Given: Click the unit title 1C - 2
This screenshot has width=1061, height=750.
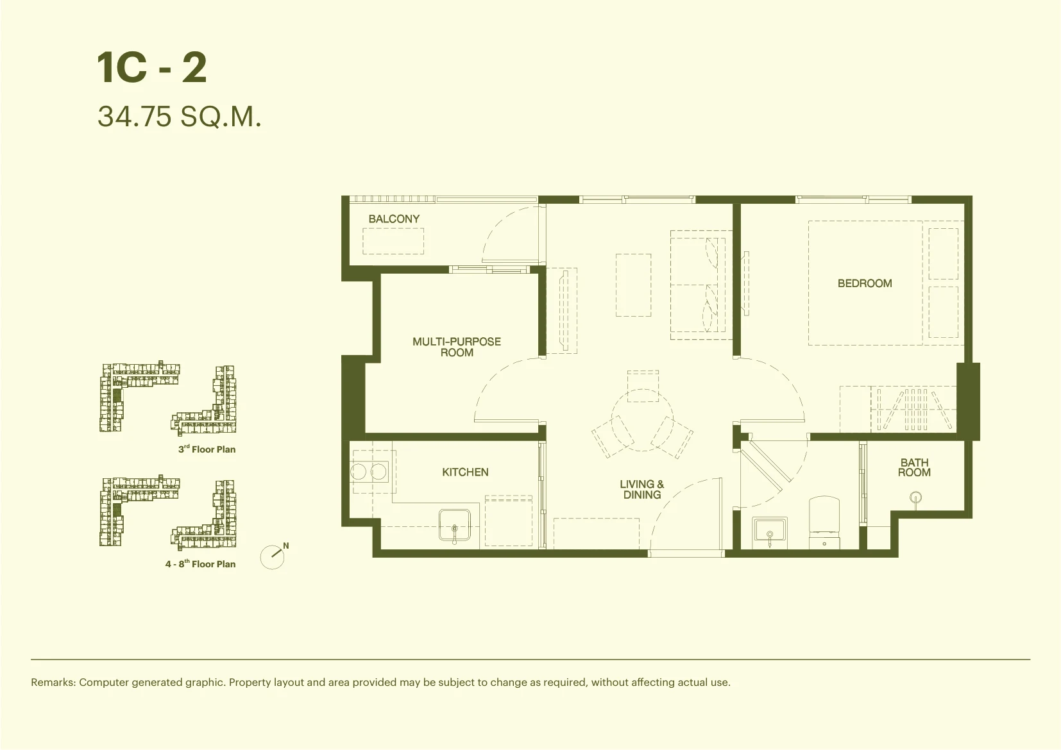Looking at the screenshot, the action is click(152, 68).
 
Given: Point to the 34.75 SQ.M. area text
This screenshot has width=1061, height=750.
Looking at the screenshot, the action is click(180, 117).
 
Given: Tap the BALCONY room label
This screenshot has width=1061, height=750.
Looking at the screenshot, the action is click(394, 219).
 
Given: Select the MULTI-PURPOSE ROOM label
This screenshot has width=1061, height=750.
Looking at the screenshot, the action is click(457, 347).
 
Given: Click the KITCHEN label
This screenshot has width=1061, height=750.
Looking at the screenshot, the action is click(465, 472).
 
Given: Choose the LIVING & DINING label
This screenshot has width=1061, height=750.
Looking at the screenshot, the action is click(642, 489).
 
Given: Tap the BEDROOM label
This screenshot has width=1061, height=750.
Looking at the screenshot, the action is click(865, 283).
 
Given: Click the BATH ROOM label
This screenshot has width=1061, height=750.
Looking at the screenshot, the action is click(914, 467).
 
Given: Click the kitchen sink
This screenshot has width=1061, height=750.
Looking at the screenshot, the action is click(455, 524).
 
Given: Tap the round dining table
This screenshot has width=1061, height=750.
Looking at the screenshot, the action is click(642, 420).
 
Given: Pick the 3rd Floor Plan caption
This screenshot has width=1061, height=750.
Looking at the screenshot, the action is click(207, 449).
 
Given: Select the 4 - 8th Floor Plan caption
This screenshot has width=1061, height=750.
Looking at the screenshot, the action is click(200, 563).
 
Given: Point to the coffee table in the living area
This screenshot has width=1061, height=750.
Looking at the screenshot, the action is click(633, 285).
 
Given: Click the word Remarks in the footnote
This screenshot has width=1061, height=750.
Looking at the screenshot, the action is click(53, 682).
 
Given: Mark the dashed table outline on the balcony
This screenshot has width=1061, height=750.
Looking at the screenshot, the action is click(393, 241).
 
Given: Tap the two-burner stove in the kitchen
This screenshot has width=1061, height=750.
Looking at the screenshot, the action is click(369, 472).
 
